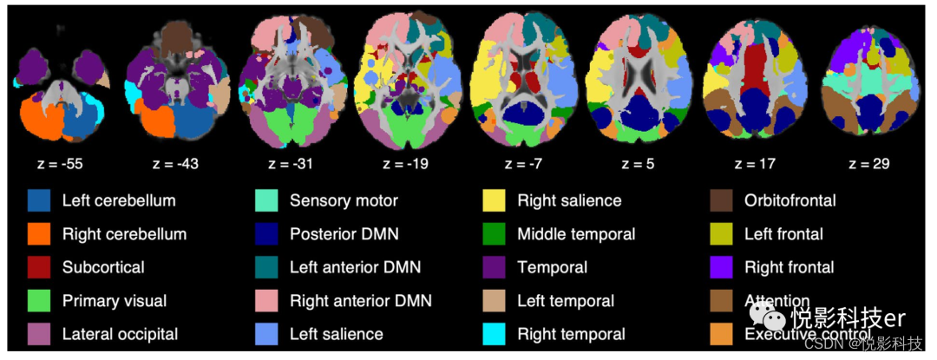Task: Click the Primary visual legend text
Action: coord(115,301)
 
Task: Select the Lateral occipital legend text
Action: coord(120,334)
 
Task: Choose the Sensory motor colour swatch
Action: coord(266,201)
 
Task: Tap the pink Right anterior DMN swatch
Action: coord(266,301)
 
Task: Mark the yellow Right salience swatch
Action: coord(494,201)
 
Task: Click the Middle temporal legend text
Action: coord(576,234)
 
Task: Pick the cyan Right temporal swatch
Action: coord(494,334)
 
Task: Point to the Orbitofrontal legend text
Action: coord(790,201)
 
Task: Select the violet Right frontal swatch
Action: coord(721,267)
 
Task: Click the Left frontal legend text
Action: coord(783,234)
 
